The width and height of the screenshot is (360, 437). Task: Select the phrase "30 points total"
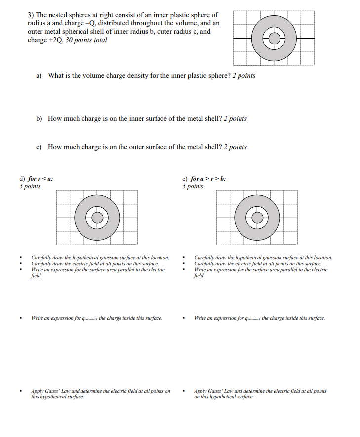tap(86, 40)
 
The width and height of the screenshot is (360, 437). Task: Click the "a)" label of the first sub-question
tap(39, 76)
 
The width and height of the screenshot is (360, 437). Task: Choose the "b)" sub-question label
tap(39, 119)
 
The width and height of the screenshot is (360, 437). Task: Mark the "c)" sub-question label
tap(39, 147)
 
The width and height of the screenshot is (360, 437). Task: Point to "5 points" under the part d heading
tap(30, 186)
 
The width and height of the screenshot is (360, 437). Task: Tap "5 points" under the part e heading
tap(193, 186)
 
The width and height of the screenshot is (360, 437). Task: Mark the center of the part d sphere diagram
tap(97, 217)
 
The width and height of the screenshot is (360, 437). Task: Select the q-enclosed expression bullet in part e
tap(260, 318)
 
